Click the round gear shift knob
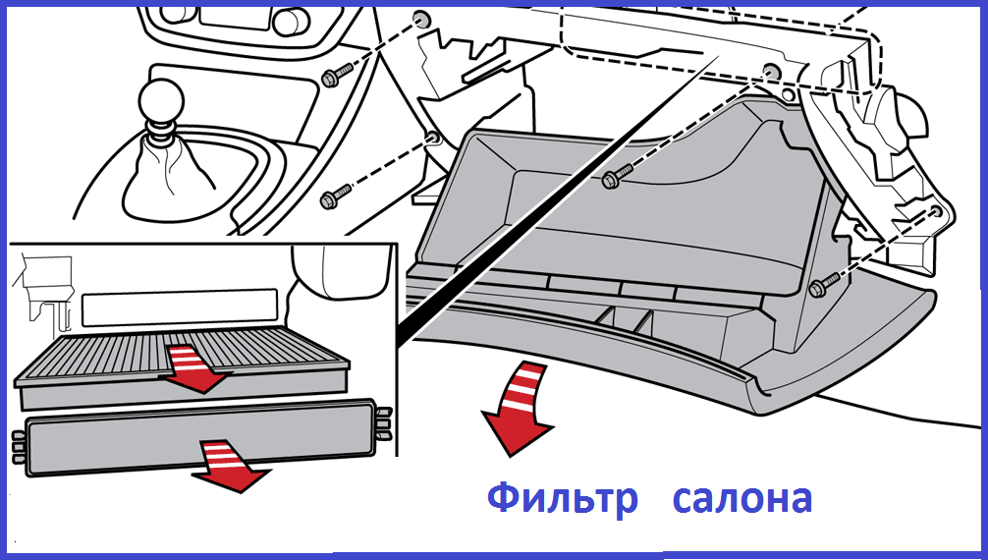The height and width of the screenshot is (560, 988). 161,101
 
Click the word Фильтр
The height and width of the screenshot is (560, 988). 563,498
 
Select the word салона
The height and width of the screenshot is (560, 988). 742,499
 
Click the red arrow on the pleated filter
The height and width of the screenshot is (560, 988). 193,370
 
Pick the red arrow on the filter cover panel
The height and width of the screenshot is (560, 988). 231,466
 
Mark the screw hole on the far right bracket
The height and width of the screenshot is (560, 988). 936,210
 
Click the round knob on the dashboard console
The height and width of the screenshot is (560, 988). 288,21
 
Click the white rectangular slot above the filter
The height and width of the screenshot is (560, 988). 180,308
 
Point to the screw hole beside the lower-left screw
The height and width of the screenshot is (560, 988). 433,137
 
